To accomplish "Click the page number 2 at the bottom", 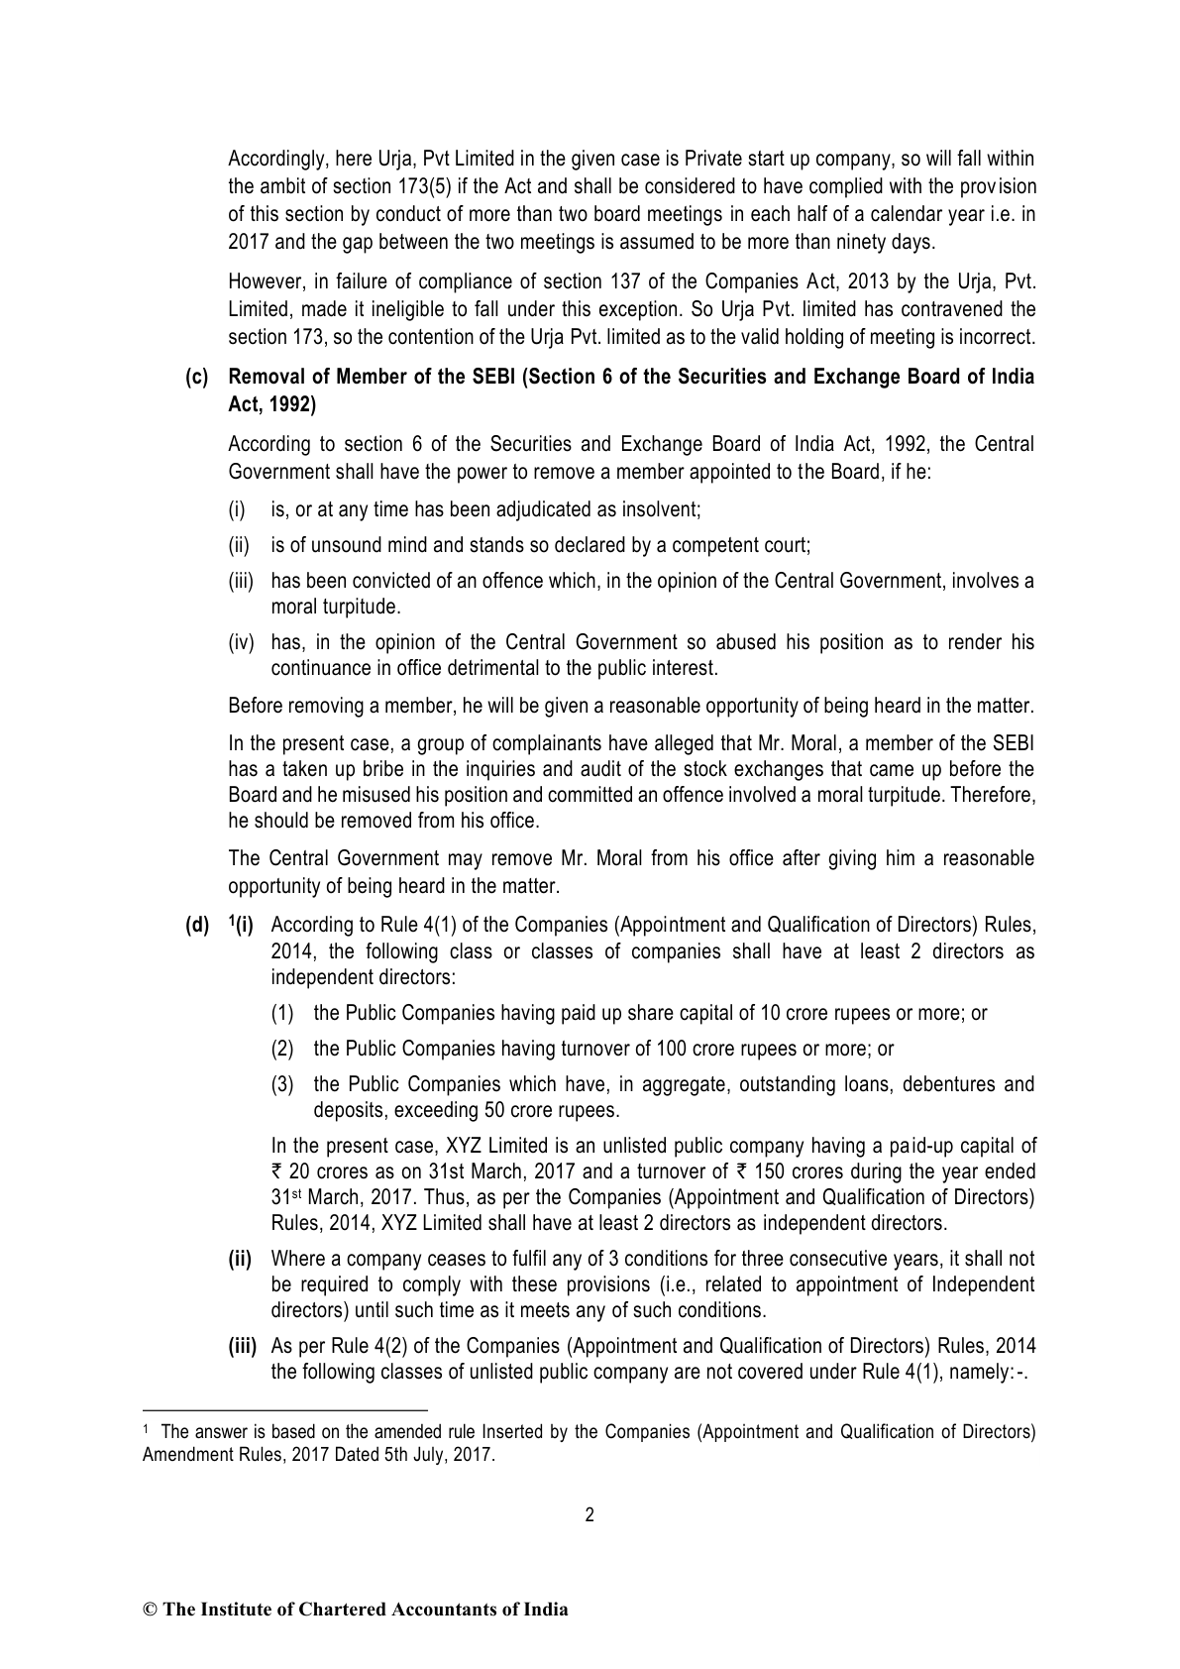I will click(590, 1514).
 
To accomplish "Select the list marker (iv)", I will click(242, 642).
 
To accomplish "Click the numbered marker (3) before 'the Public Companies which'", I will click(283, 1084).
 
